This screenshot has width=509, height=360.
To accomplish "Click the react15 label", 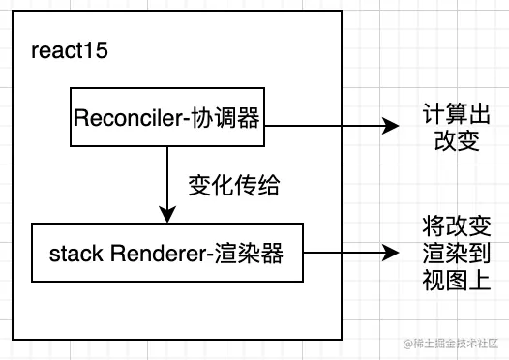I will point(68,50).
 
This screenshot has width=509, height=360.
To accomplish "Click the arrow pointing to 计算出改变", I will point(329,125).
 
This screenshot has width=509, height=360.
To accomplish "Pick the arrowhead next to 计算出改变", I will point(391,125).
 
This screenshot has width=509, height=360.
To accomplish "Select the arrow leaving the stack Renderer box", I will point(348,253).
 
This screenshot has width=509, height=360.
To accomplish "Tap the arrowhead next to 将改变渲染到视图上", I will point(391,253).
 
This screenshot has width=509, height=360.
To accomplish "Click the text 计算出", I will point(451,112).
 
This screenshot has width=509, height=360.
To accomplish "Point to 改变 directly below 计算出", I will point(451,140).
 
